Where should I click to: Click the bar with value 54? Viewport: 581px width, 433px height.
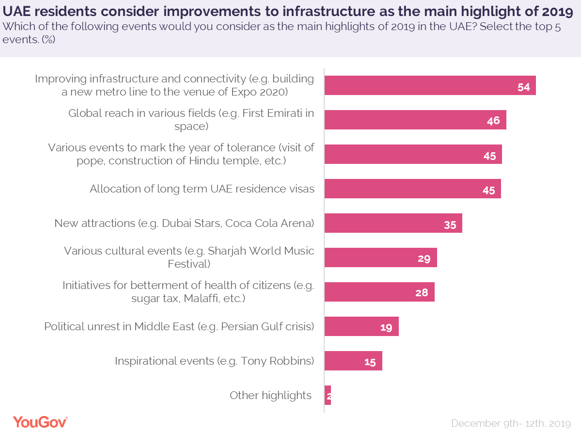pos(429,85)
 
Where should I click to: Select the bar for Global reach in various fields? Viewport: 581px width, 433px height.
pos(415,120)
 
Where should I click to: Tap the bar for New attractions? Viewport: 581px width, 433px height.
pos(393,223)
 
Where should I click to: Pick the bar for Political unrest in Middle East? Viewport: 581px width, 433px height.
pos(361,326)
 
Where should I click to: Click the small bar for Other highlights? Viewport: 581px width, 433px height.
pos(328,396)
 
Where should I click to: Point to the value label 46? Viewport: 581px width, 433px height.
pos(493,120)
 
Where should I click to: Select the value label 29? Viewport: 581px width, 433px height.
pos(424,258)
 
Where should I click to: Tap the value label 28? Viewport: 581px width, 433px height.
pos(422,292)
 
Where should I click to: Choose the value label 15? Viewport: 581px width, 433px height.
pos(370,361)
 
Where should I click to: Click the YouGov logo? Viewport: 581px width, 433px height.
pos(40,422)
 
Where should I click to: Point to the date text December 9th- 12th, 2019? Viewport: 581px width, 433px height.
pos(511,423)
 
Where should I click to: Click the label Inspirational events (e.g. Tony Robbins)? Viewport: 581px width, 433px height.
pos(214,361)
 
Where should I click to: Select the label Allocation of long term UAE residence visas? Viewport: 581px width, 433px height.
pos(202,189)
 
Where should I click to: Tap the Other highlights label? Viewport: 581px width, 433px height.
pos(270,395)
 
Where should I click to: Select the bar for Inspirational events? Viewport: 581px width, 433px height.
pos(353,361)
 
